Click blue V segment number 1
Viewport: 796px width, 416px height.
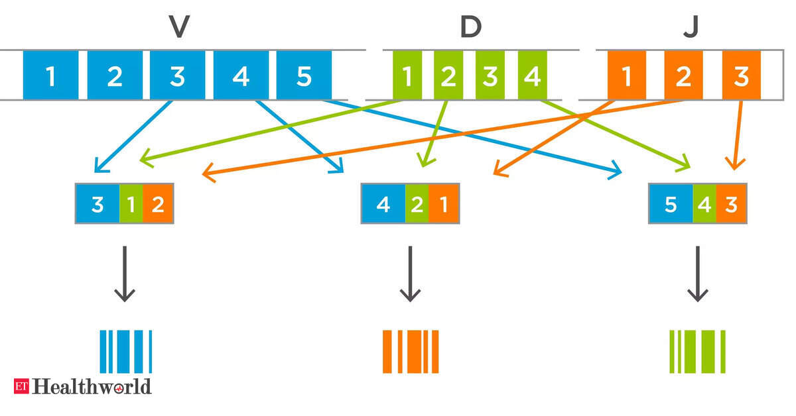tap(50, 76)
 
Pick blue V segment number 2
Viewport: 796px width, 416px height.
tap(114, 76)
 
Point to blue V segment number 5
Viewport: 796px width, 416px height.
tap(303, 76)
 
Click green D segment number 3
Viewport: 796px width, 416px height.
tap(490, 76)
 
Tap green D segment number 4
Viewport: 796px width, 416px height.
tap(531, 76)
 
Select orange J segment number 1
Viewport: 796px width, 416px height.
tap(627, 76)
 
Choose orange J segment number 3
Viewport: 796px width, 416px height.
tap(742, 76)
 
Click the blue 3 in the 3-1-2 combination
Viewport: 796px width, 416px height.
tap(98, 204)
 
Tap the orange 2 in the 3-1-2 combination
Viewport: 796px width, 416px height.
tap(158, 204)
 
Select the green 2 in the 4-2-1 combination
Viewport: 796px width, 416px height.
tap(417, 204)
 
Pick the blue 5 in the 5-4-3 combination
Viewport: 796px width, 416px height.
tap(671, 204)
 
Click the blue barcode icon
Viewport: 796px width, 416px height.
tap(126, 351)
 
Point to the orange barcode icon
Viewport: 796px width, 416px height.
tap(411, 351)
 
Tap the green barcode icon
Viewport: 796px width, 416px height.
tap(697, 351)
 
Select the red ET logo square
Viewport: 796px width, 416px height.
tap(21, 386)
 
